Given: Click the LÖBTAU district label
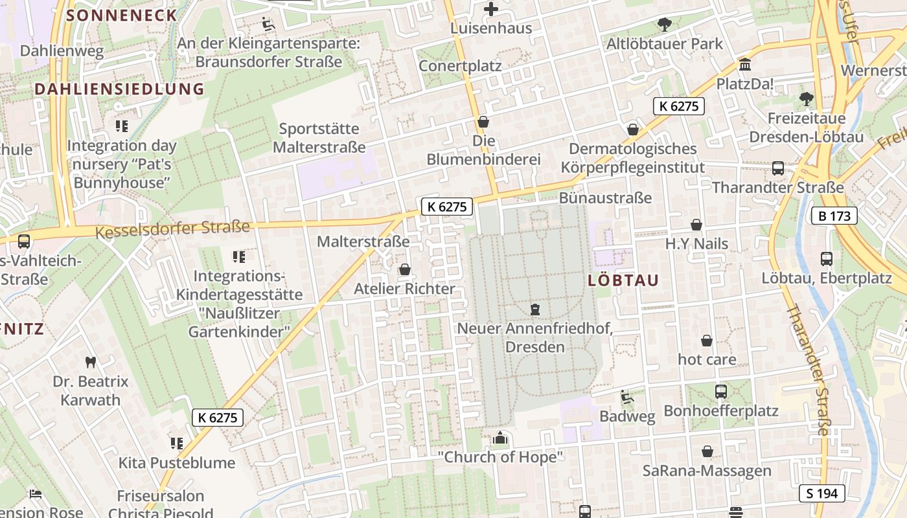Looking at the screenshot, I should [623, 280].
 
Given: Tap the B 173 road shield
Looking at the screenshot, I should [834, 216].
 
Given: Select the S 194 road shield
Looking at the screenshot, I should [821, 493].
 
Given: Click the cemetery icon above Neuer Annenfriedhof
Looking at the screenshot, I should [535, 310].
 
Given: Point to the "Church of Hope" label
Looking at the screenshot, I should [500, 457].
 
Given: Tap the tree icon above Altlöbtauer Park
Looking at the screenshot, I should [664, 25].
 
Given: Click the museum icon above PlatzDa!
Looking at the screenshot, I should [745, 65].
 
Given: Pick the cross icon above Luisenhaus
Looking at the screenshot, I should [491, 9].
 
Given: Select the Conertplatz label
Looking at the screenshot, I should [460, 66].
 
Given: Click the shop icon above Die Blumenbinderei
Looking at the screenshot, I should [483, 122].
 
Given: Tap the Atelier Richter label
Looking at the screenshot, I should [404, 289].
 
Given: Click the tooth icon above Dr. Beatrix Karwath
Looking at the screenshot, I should [91, 363].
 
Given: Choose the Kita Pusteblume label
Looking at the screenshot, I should [176, 463].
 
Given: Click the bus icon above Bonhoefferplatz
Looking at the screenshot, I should [720, 392].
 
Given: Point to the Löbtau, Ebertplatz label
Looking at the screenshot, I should [826, 279].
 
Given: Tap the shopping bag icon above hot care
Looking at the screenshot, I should [707, 341].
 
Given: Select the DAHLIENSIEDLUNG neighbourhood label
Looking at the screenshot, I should [119, 89].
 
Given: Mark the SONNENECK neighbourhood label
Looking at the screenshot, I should [122, 15].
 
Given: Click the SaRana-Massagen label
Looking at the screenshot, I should [707, 471].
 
